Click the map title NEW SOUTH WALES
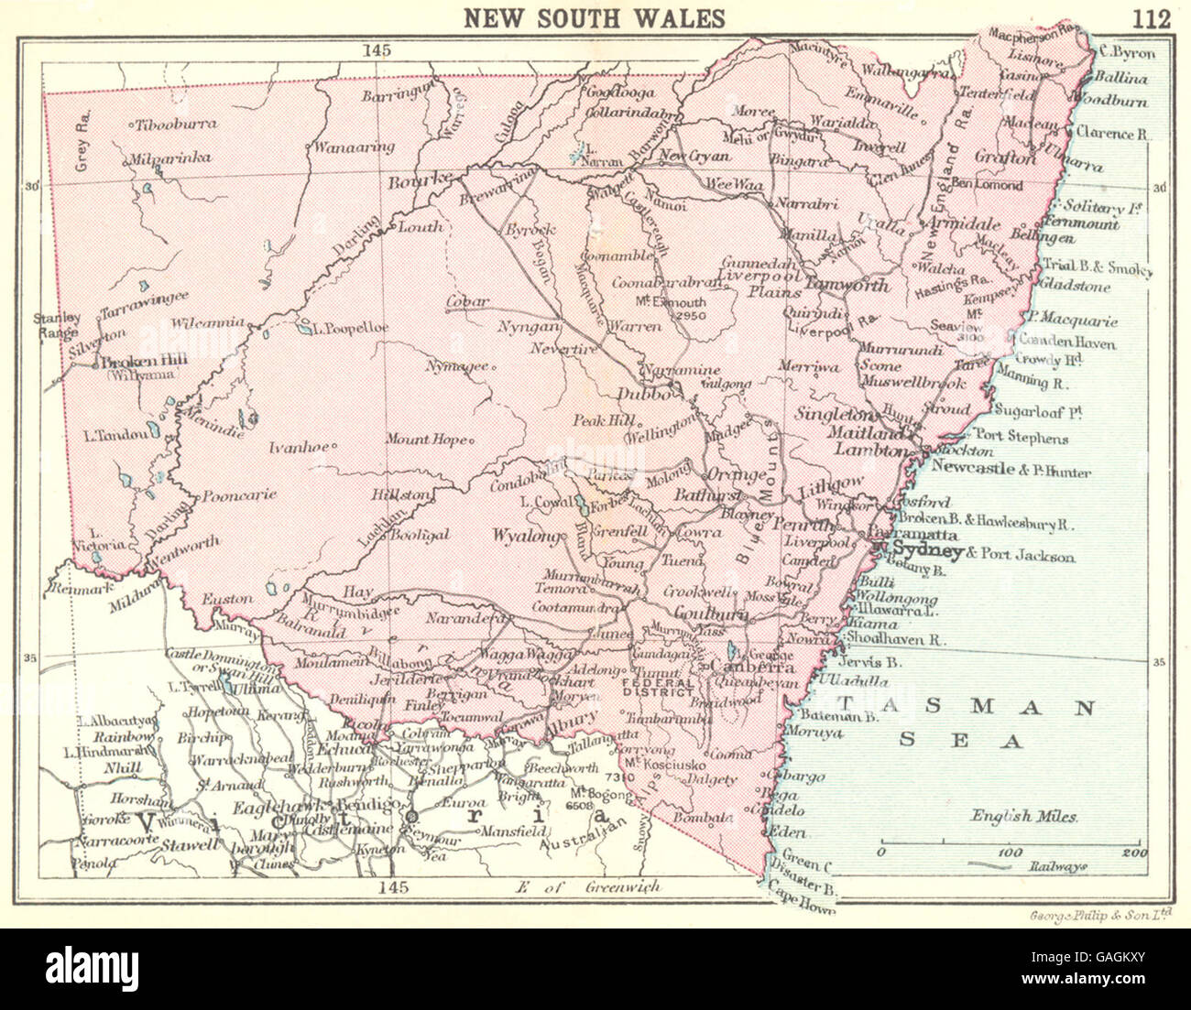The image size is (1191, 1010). coord(595,17)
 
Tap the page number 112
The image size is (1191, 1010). coord(1151,17)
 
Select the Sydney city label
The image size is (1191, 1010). coord(926,550)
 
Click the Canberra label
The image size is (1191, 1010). coord(738,667)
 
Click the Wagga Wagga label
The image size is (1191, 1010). coord(512,655)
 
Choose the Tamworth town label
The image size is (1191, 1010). coord(847,285)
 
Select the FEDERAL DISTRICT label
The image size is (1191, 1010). coord(656,687)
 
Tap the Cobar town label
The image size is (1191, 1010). coord(467,301)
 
